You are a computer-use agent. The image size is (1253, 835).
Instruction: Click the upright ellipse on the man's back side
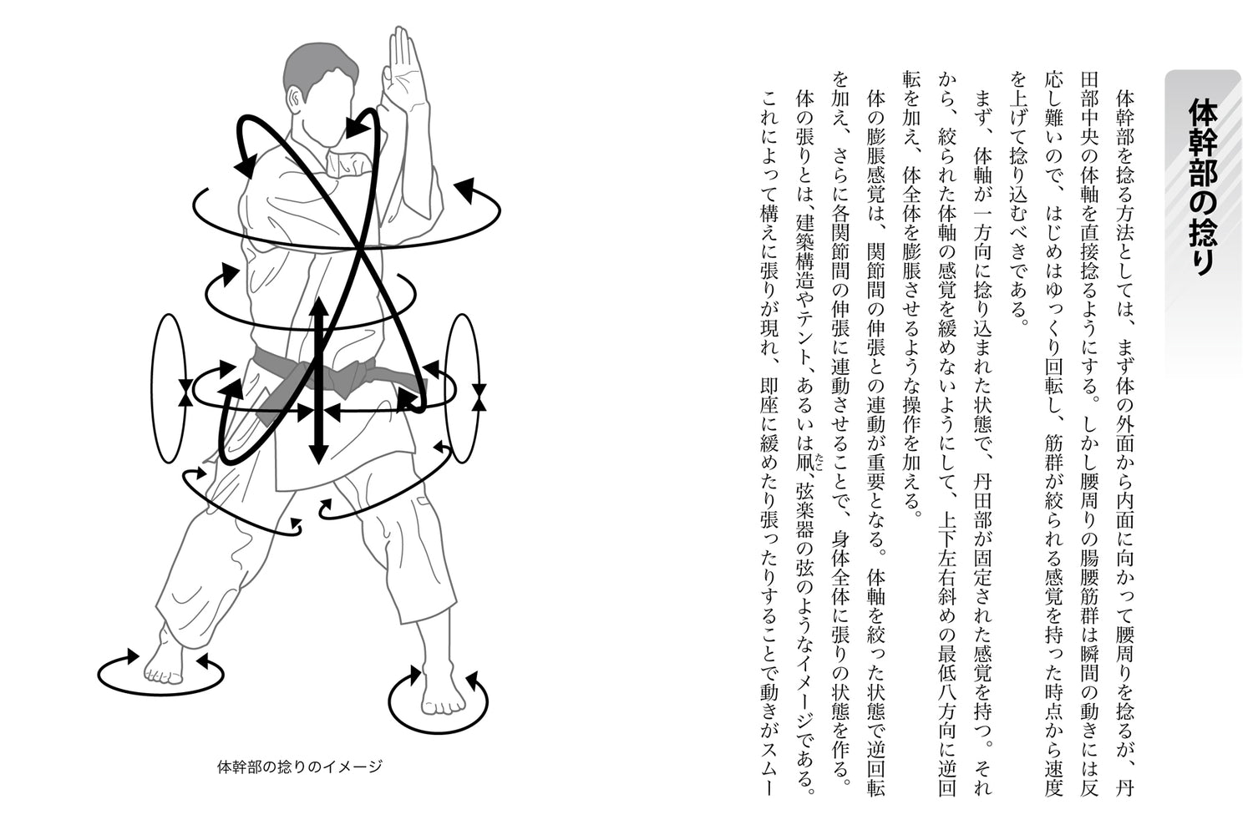170,389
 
